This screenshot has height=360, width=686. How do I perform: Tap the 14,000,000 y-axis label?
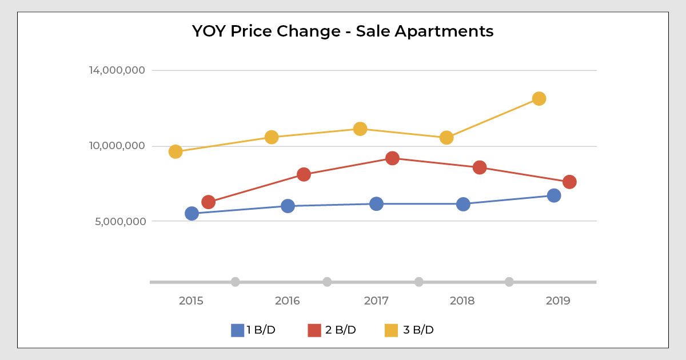(117, 70)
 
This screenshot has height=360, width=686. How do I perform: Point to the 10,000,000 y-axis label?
(117, 146)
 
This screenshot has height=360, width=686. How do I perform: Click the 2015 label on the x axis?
(191, 301)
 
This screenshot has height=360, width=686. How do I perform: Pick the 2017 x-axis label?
(376, 301)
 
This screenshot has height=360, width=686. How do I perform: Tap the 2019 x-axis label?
(558, 301)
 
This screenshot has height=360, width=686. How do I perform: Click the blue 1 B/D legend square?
(237, 330)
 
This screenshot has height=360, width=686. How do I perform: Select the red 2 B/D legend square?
(314, 330)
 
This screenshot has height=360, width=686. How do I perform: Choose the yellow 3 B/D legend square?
(391, 330)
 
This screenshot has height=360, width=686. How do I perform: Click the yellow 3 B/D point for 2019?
(539, 98)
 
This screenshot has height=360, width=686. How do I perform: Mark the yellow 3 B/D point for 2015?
(176, 151)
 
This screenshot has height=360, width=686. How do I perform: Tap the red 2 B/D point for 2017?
(392, 158)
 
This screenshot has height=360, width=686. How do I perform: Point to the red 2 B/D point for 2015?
(208, 202)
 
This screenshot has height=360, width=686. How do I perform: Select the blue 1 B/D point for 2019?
(554, 195)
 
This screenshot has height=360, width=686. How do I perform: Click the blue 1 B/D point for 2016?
(288, 206)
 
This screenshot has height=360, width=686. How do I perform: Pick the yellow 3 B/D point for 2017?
(360, 129)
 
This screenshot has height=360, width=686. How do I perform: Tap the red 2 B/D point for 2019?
(569, 182)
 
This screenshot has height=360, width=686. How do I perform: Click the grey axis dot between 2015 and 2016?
(235, 282)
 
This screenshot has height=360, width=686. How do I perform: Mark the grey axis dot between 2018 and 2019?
(509, 282)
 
